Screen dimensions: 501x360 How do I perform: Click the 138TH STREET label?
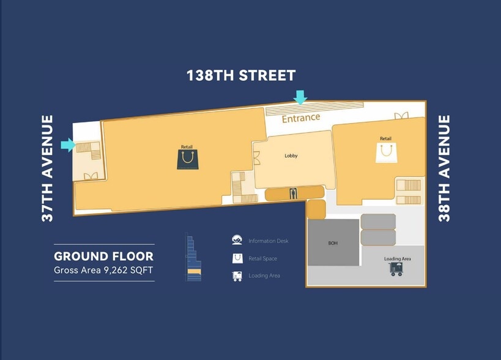click(x=241, y=75)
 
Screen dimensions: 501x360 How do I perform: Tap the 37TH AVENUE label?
click(x=47, y=168)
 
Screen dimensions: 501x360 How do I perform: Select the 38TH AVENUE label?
click(x=444, y=168)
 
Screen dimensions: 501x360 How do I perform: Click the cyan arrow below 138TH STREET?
click(x=300, y=97)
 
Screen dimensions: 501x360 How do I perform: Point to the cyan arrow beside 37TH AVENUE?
click(x=68, y=145)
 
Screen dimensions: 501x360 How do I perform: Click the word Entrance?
click(x=301, y=118)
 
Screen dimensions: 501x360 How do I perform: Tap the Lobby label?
click(x=291, y=156)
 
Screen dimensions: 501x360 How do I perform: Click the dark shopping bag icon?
click(x=188, y=159)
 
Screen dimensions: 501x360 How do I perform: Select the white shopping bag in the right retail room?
click(x=386, y=152)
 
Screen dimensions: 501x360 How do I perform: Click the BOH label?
click(x=333, y=243)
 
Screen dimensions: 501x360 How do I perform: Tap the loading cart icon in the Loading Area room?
click(x=396, y=269)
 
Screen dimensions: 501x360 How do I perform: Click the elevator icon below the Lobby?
click(x=293, y=193)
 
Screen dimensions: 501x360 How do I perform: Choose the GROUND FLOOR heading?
click(x=104, y=257)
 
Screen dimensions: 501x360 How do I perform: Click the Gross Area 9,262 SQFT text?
click(x=103, y=270)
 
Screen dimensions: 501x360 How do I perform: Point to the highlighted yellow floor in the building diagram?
click(x=194, y=272)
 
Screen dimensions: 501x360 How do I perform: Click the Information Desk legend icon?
click(x=237, y=240)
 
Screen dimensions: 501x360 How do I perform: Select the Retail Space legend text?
click(x=262, y=258)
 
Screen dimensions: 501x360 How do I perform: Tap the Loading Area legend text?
click(x=264, y=276)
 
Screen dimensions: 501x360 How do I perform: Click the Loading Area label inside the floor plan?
click(x=398, y=258)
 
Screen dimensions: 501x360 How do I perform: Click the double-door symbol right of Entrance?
click(x=401, y=116)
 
